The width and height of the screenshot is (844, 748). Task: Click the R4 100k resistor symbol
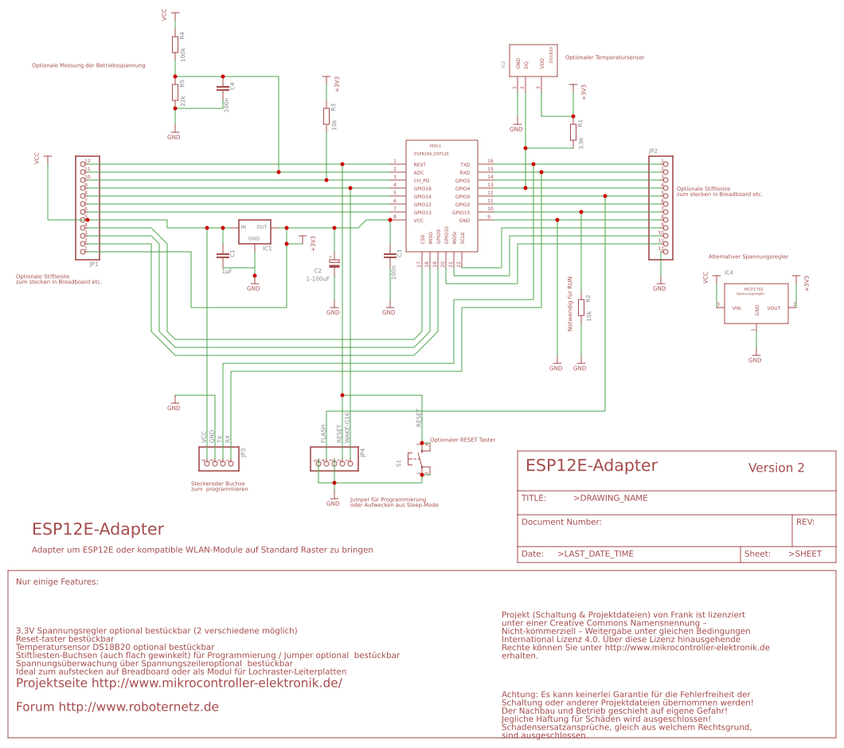pos(175,44)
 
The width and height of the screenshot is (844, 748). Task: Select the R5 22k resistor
pos(175,92)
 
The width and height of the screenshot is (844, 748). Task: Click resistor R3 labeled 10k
pos(326,116)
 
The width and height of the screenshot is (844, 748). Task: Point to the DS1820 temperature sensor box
pos(532,61)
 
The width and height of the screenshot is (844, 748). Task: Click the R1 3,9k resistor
pos(573,132)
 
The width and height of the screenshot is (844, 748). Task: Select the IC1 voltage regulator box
pos(255,232)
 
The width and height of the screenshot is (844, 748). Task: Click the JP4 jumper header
pos(334,458)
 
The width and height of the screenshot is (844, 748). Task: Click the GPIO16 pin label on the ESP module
pos(422,188)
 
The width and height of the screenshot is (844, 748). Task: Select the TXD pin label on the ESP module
pos(464,163)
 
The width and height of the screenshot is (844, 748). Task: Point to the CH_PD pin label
pos(421,180)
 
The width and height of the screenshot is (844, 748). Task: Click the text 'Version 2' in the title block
pos(776,468)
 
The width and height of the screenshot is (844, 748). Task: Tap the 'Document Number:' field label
pos(561,522)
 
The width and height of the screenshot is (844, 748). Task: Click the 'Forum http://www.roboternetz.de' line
pos(117,707)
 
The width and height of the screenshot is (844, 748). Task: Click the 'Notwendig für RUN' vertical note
pos(569,304)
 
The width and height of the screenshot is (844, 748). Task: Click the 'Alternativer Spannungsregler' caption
pos(748,257)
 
